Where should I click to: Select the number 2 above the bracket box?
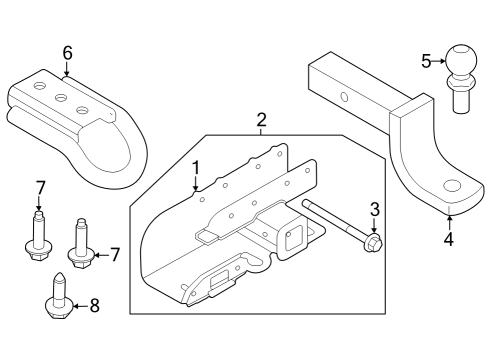tap(261, 121)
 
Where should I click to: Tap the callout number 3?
tap(374, 209)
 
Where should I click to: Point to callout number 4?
tap(449, 239)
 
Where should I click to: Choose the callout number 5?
tap(426, 61)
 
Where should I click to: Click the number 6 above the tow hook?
tap(67, 52)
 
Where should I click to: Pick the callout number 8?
tap(95, 306)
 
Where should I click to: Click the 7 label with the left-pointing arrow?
tap(115, 255)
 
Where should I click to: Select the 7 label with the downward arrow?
tap(40, 187)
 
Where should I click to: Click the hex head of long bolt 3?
tap(374, 243)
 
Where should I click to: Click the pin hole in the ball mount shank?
tap(343, 98)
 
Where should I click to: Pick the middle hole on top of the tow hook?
tap(60, 98)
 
